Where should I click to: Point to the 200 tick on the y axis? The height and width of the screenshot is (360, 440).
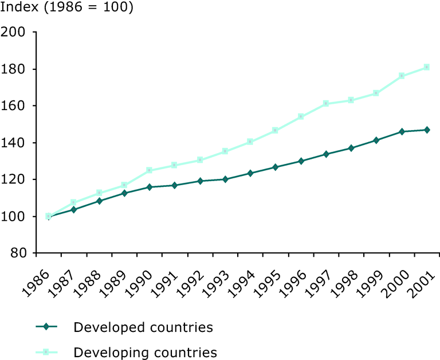tap(16, 32)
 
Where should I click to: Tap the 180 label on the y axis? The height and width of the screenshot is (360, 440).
tap(16, 69)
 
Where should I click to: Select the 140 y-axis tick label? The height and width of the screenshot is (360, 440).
tap(16, 143)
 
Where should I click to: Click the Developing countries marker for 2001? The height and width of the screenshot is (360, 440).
tap(427, 67)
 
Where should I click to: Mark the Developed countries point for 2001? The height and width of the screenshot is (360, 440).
tap(427, 130)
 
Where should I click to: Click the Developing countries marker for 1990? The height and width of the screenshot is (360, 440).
tap(150, 170)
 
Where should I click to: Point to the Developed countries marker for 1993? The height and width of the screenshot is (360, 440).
tap(225, 179)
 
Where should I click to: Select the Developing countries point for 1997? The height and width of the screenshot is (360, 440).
tap(326, 104)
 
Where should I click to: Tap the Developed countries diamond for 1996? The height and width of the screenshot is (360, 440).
tap(301, 161)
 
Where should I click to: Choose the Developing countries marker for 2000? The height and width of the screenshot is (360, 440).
tap(402, 76)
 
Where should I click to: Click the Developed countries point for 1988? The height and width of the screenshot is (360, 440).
tap(99, 201)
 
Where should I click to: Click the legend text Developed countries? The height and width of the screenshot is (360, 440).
tap(143, 327)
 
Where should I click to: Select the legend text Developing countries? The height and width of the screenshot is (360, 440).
tap(145, 352)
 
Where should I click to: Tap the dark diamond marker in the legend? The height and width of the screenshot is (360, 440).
tap(48, 327)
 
